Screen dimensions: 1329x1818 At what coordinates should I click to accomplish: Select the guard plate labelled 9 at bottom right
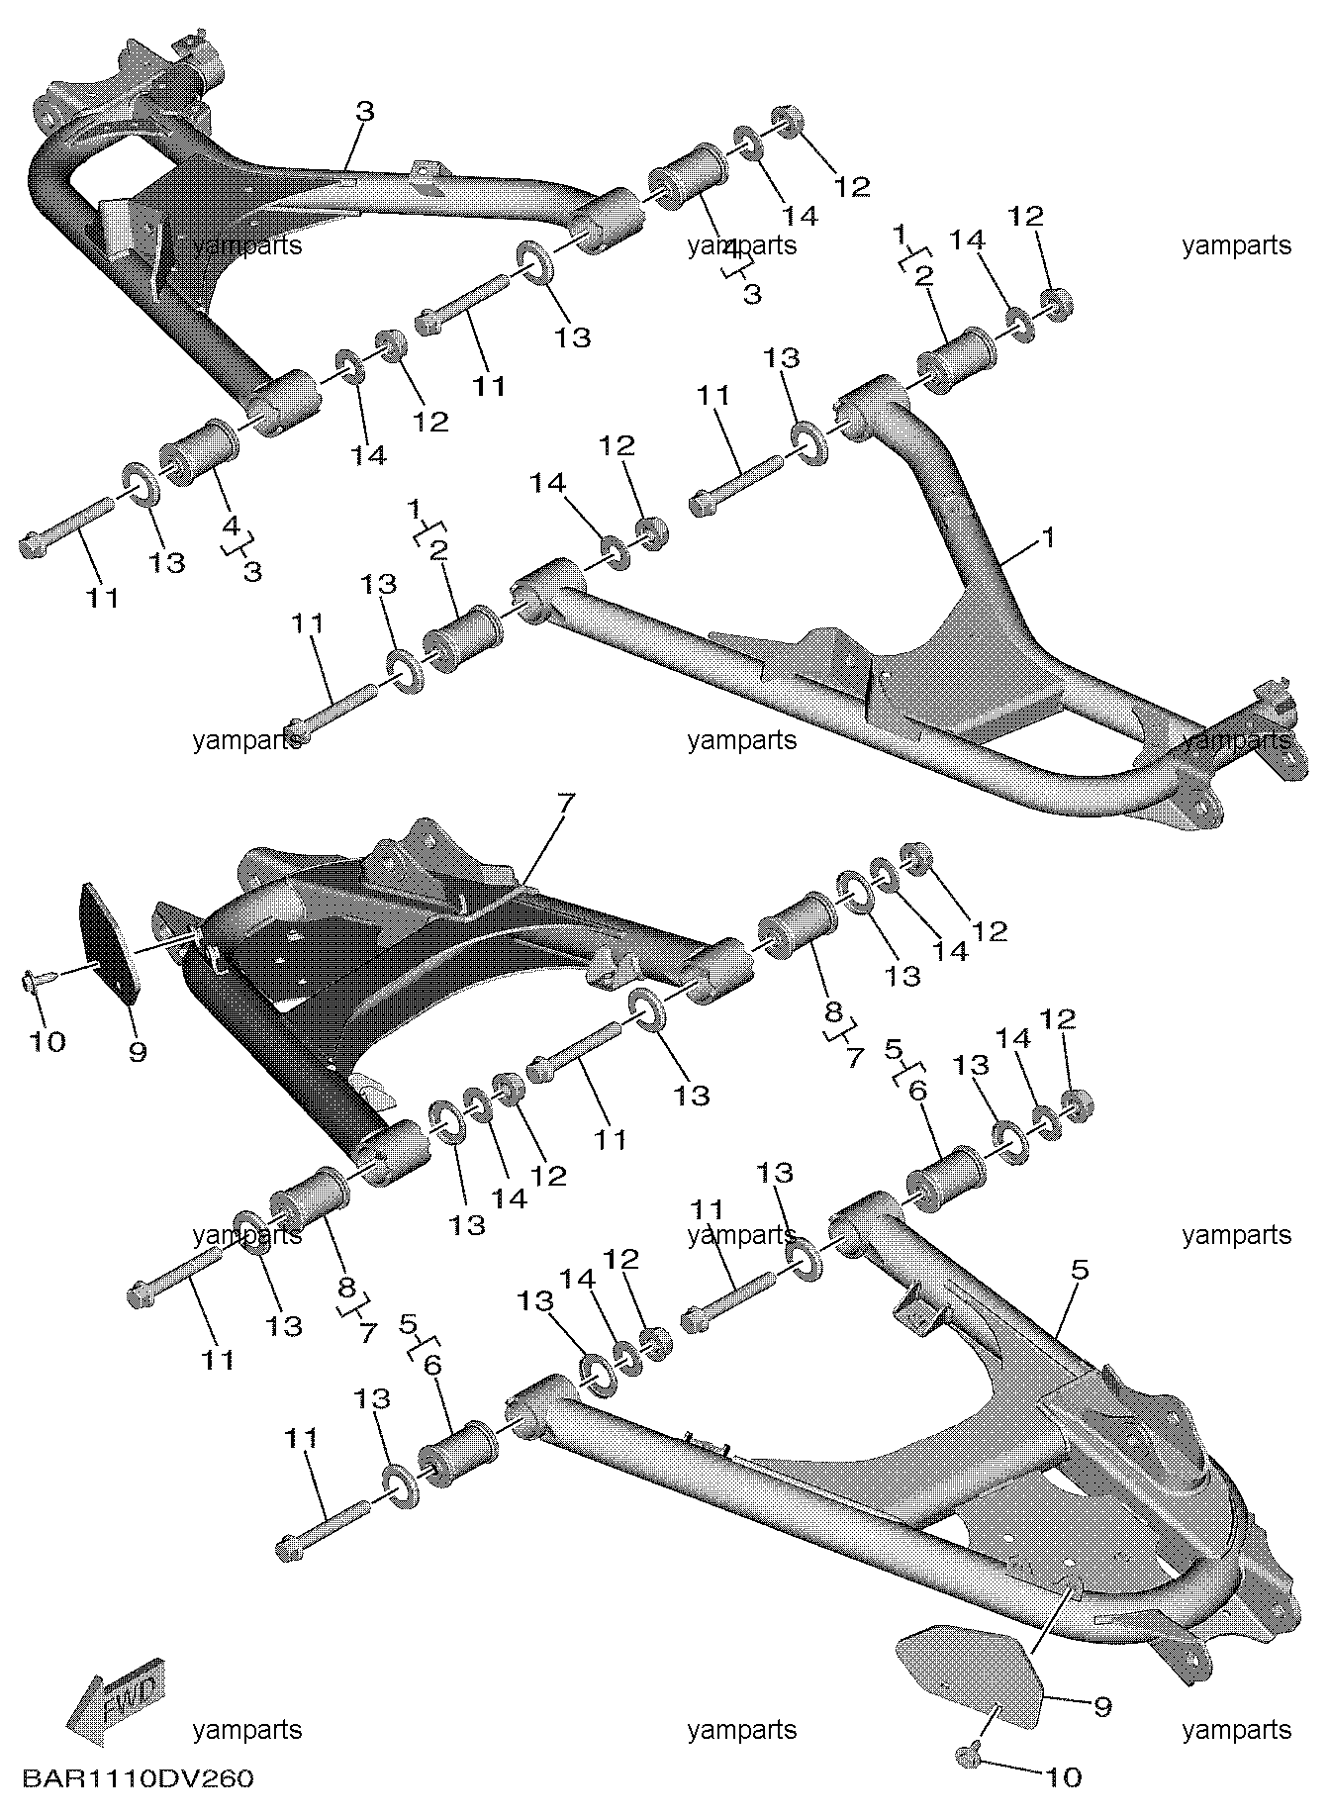pos(970,1676)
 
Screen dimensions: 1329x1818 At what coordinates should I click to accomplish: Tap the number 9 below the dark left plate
pos(137,1051)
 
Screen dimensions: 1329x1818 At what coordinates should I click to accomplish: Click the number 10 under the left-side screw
pos(47,1041)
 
